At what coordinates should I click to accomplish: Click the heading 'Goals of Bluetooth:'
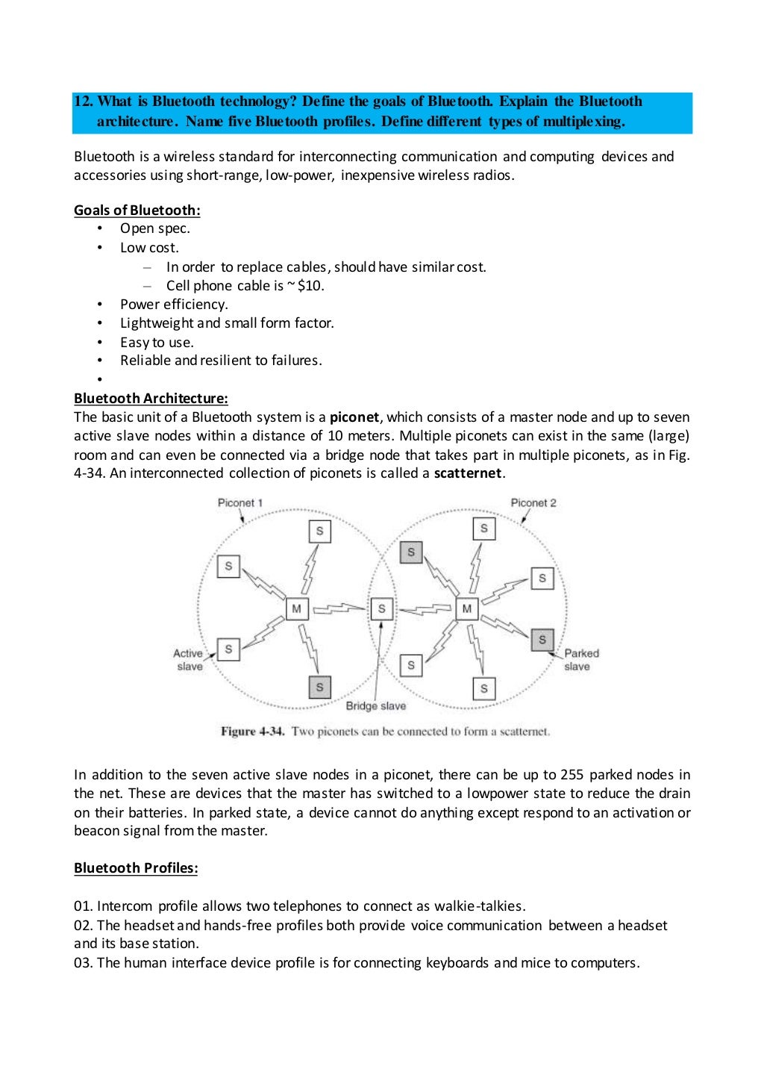(x=137, y=211)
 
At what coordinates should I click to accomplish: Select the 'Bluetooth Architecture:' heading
(x=151, y=399)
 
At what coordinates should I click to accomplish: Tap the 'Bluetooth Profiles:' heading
(x=136, y=868)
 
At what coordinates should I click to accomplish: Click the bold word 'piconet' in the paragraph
(x=354, y=417)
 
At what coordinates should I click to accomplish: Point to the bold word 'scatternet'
(x=468, y=473)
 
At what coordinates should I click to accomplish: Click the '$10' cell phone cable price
(x=310, y=286)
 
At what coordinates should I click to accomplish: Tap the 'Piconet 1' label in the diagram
(x=239, y=503)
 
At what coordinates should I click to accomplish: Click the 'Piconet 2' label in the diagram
(x=533, y=503)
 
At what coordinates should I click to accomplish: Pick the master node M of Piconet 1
(x=297, y=609)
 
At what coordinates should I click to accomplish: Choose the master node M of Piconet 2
(x=467, y=609)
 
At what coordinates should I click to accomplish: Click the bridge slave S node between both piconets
(x=382, y=609)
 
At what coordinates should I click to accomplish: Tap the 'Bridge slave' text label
(x=375, y=706)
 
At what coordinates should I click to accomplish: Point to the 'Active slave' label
(x=188, y=660)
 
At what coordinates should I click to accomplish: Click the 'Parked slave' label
(x=580, y=660)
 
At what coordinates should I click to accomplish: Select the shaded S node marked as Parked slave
(x=542, y=640)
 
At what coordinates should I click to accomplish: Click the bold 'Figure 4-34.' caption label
(x=252, y=732)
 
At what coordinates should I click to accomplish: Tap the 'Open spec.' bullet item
(x=155, y=229)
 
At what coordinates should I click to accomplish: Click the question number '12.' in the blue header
(x=84, y=102)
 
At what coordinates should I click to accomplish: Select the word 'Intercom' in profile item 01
(x=125, y=906)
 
